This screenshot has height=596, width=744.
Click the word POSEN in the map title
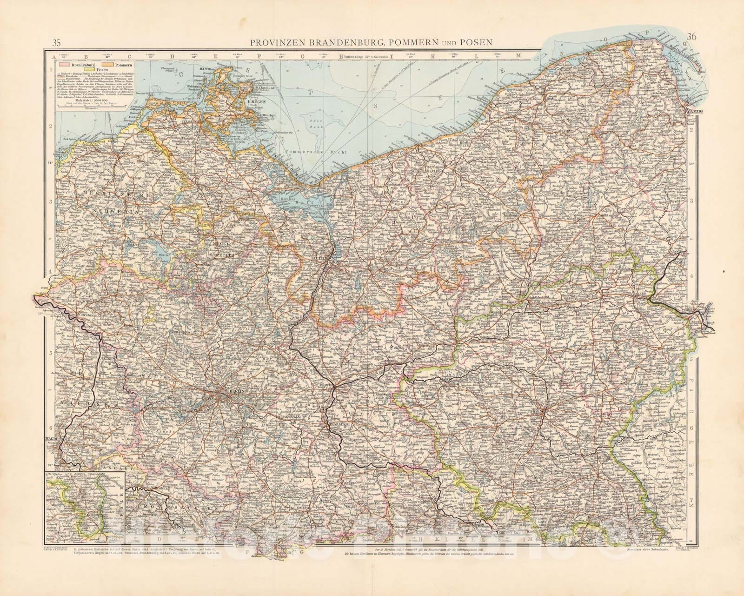tap(476, 42)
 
